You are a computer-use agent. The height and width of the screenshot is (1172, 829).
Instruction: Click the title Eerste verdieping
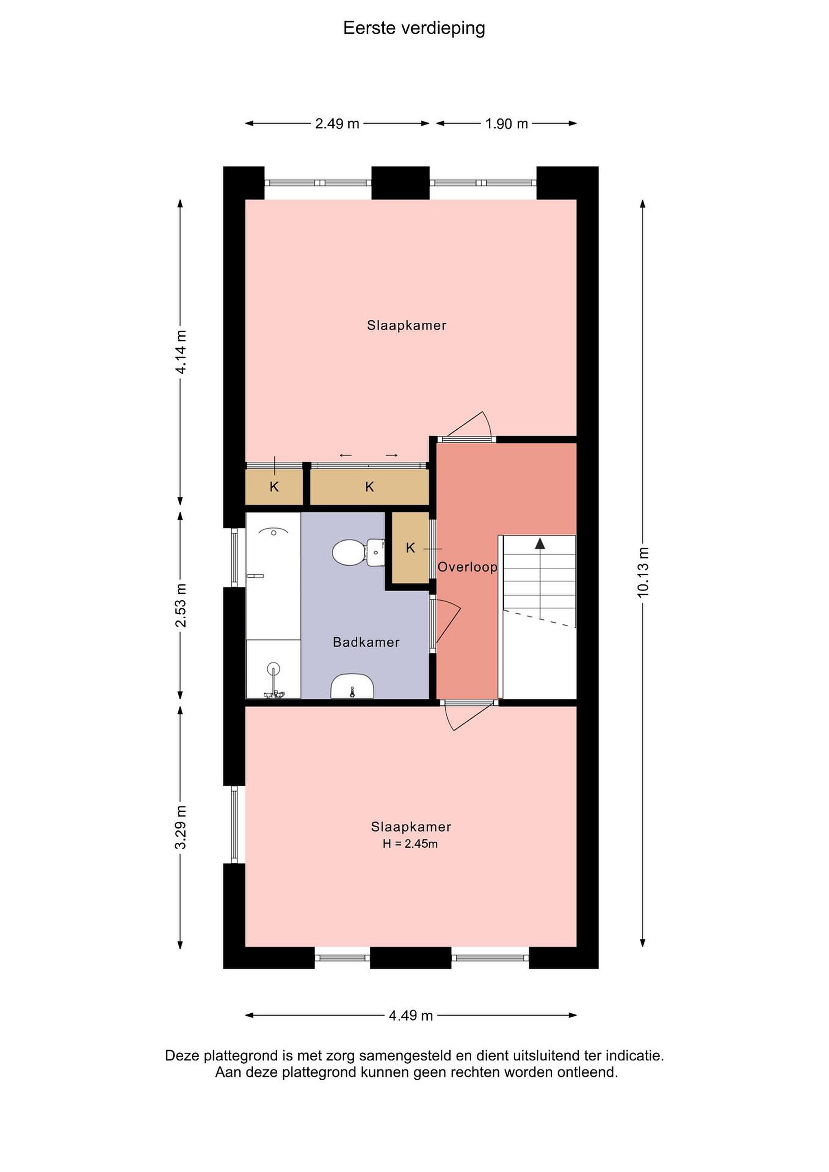click(x=414, y=28)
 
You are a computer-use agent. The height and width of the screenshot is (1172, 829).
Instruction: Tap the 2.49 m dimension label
click(x=337, y=124)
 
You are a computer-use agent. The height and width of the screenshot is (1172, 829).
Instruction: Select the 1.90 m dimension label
click(x=506, y=124)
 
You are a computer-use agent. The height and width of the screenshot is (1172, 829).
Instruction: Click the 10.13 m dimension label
click(x=643, y=572)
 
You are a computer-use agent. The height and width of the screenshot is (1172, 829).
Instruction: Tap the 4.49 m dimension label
click(x=411, y=1015)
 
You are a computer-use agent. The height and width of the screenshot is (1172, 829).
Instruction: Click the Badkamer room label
click(x=366, y=642)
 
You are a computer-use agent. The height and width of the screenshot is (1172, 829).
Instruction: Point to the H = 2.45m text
click(x=410, y=844)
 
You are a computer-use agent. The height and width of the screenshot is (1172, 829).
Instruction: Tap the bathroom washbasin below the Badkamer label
click(x=352, y=686)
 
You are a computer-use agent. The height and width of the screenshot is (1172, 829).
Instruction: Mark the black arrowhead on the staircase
click(x=540, y=543)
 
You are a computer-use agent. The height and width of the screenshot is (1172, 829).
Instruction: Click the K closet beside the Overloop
click(x=410, y=548)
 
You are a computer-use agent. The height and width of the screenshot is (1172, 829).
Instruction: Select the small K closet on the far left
click(x=274, y=487)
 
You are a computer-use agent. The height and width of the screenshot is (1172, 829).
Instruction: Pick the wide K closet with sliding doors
click(x=370, y=487)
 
